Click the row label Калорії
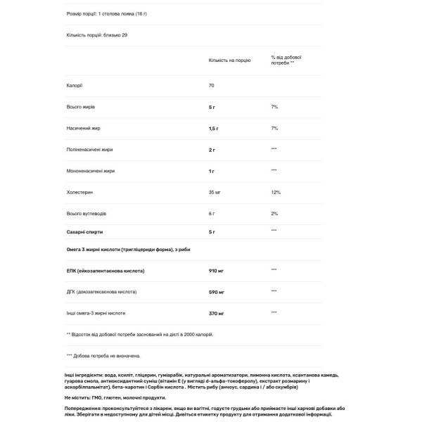click(75, 85)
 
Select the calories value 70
click(212, 85)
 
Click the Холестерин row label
click(79, 192)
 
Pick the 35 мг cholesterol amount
click(216, 192)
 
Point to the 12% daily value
click(275, 192)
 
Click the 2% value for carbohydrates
click(274, 213)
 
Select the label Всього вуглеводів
click(87, 213)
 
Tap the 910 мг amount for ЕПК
click(217, 270)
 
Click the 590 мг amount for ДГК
click(217, 291)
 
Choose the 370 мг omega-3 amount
click(217, 312)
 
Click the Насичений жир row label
click(83, 128)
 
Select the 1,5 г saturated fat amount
click(214, 128)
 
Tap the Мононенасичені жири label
click(89, 171)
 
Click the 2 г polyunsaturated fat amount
click(212, 149)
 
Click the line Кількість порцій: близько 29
click(97, 34)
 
